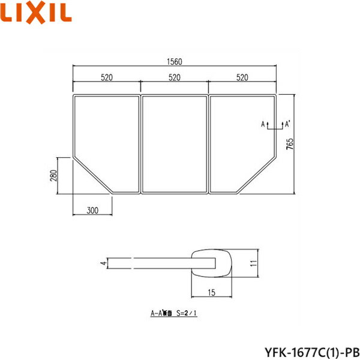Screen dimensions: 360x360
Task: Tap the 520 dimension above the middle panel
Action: pos(175,77)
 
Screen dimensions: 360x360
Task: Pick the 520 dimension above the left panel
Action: pos(107,77)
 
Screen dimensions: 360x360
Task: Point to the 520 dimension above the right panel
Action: pos(243,77)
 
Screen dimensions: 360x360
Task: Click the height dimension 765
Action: pos(290,144)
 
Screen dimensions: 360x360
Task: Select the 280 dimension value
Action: pos(53,176)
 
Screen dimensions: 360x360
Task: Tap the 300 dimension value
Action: pos(92,210)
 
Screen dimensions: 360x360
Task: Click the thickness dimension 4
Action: pos(103,263)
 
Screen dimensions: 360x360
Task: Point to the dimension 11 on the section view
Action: pos(254,263)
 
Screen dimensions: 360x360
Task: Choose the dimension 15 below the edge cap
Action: pos(212,292)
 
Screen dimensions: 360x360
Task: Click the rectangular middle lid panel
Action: pos(175,144)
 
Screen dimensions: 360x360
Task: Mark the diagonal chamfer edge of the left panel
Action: pos(93,174)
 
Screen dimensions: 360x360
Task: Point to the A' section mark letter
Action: pos(287,124)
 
